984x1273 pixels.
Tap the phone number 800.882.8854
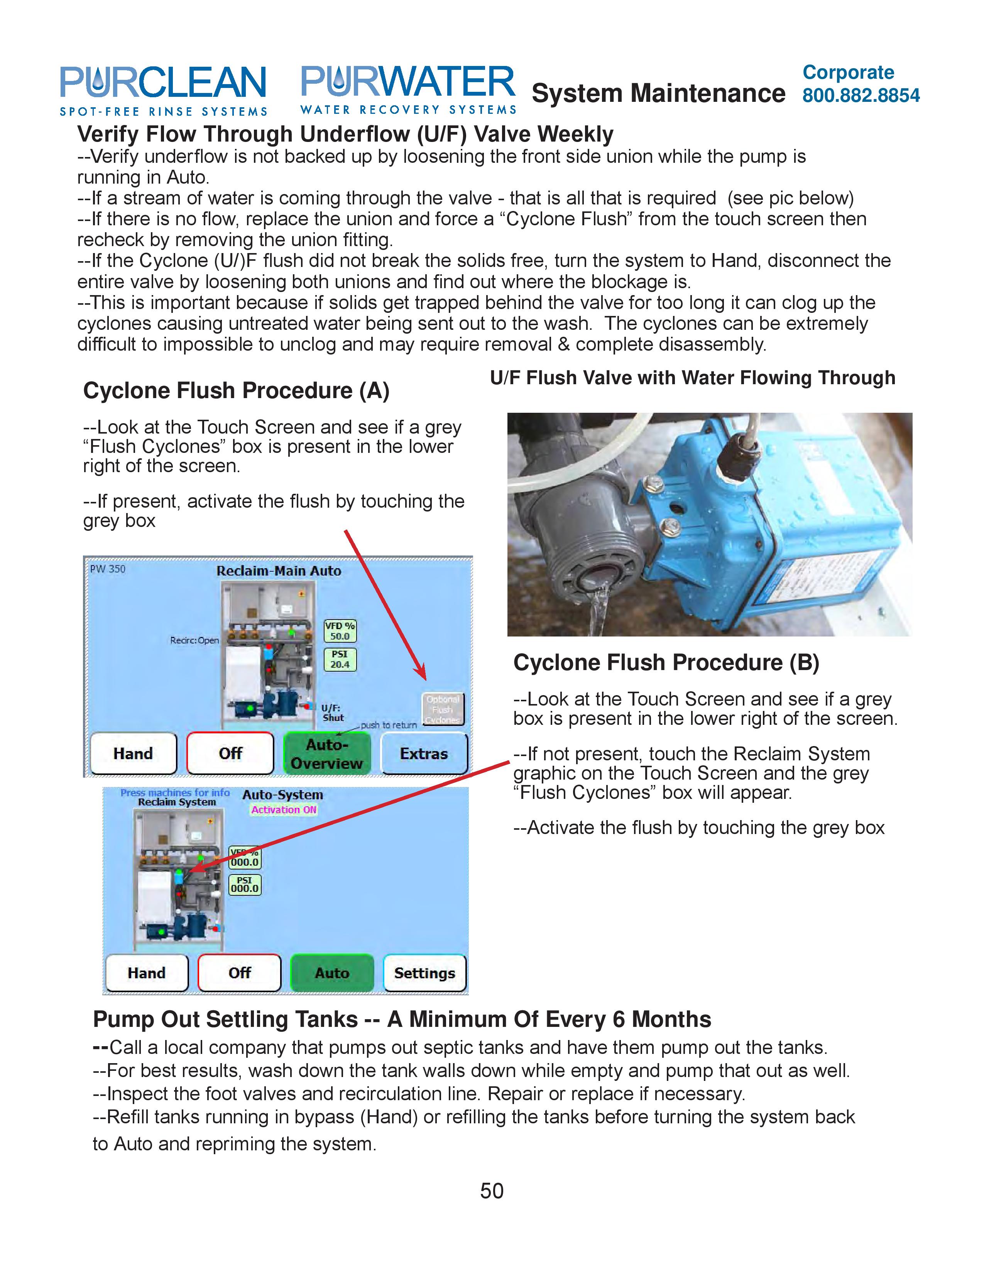pos(861,95)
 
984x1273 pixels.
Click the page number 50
pos(491,1190)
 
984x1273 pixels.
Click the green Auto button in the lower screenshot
pos(332,973)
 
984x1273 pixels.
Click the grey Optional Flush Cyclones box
pos(443,709)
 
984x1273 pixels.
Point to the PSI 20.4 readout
pos(340,659)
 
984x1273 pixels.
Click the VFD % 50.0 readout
pos(340,631)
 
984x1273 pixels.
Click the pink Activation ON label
pos(284,810)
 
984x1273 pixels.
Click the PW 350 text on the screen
pos(108,569)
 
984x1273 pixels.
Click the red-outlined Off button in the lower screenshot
pos(240,973)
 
